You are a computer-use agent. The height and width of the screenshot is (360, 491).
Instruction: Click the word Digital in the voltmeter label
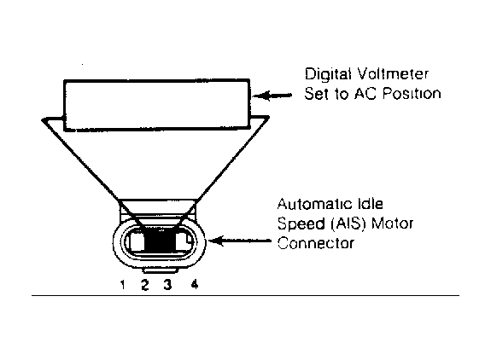pyautogui.click(x=329, y=75)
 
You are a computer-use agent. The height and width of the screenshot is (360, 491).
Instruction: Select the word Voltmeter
pyautogui.click(x=393, y=74)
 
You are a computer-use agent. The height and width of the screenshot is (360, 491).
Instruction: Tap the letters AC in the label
pyautogui.click(x=365, y=93)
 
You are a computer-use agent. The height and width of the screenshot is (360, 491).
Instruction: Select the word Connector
pyautogui.click(x=316, y=243)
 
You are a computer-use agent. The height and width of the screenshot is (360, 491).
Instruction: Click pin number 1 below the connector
pyautogui.click(x=123, y=285)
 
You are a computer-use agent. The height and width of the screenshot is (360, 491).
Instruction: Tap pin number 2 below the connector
pyautogui.click(x=144, y=285)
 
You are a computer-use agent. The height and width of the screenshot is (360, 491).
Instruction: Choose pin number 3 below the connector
pyautogui.click(x=168, y=285)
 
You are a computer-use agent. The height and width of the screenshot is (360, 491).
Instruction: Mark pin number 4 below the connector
pyautogui.click(x=195, y=284)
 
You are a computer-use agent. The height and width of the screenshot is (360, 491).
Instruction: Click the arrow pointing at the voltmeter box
pyautogui.click(x=272, y=96)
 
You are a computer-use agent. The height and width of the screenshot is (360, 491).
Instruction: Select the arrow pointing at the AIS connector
pyautogui.click(x=240, y=241)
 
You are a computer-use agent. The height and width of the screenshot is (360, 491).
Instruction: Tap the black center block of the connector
pyautogui.click(x=159, y=241)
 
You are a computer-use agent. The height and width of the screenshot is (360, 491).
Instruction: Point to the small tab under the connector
pyautogui.click(x=160, y=270)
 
